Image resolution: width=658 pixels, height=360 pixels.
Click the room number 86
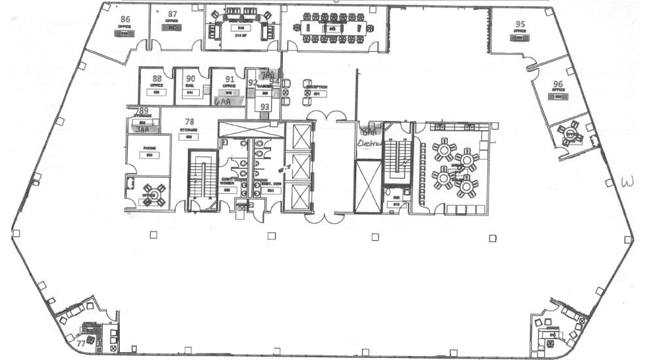(125, 20)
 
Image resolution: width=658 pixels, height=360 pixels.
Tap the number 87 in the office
(172, 14)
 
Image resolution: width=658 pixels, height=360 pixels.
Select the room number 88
(156, 79)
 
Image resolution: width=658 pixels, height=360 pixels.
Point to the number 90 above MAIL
(190, 79)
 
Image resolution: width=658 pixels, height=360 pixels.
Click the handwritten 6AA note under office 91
(223, 102)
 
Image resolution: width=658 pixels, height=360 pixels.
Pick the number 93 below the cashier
(265, 107)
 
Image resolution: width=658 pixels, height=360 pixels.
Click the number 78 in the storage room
(189, 122)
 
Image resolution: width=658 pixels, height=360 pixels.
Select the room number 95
(520, 24)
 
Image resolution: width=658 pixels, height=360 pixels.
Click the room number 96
(558, 84)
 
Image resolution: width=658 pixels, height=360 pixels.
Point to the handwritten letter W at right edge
(628, 181)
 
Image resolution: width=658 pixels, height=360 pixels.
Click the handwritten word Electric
(369, 141)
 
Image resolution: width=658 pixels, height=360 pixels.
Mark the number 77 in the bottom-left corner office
(81, 343)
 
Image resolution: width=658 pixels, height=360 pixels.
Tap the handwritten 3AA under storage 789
(141, 130)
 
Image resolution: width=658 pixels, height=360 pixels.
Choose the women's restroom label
(227, 182)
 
